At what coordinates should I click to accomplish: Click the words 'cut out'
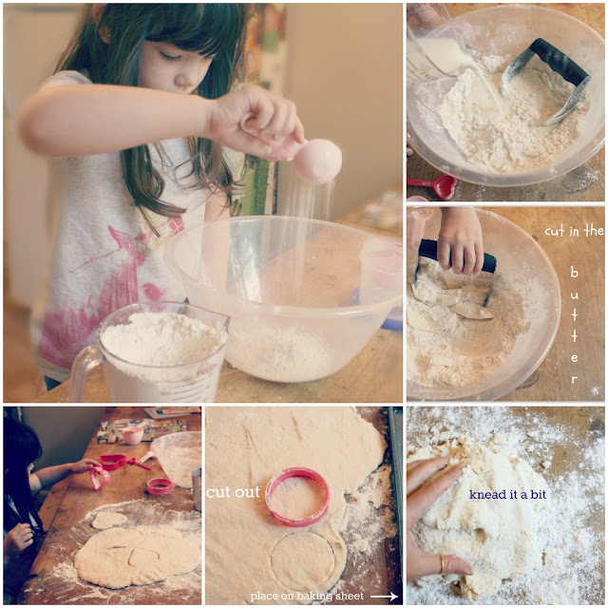pos(233,492)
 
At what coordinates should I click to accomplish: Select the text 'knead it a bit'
pos(507,494)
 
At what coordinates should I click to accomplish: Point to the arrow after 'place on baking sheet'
pos(384,596)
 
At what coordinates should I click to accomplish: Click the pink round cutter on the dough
pos(297,496)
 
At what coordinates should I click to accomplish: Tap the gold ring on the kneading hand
pos(442,564)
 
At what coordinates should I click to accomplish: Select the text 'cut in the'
pos(574,232)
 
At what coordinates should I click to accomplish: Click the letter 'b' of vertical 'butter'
pos(574,272)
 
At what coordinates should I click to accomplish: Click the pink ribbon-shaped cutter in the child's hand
pos(99,478)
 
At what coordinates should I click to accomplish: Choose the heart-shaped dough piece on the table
pos(108,520)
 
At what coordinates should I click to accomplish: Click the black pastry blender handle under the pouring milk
pos(560,61)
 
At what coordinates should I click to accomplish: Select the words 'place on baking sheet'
pos(307,596)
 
